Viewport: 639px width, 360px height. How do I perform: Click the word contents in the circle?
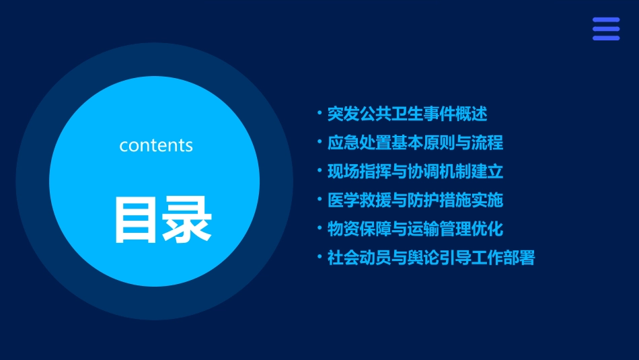coord(156,145)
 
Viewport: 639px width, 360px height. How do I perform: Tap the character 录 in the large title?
coord(187,219)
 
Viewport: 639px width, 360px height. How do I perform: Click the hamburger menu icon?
coord(605,29)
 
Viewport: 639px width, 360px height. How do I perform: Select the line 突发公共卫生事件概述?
coord(407,114)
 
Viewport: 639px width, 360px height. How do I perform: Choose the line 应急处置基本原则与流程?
coord(415,143)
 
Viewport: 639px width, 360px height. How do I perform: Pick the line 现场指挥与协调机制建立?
coord(415,172)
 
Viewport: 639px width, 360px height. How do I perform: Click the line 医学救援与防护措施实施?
coord(415,200)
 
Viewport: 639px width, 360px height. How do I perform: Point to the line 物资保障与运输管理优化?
coord(415,229)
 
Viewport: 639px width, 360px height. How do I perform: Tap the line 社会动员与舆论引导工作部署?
coord(430,258)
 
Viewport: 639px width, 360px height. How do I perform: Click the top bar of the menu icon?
coord(605,20)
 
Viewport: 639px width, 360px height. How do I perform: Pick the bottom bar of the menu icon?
coord(605,38)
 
